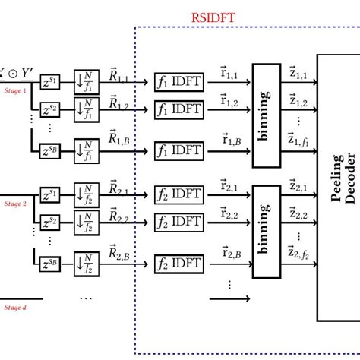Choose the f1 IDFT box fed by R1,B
(180, 150)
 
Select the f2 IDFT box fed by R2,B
(180, 265)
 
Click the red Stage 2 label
(15, 204)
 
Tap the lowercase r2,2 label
(231, 212)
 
